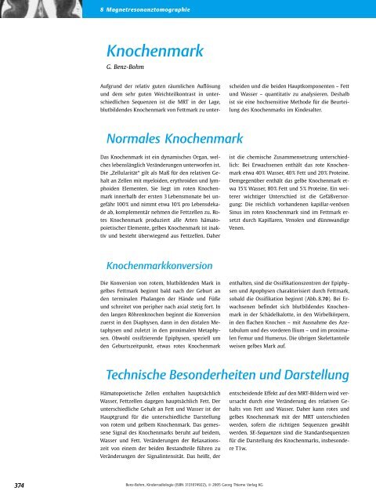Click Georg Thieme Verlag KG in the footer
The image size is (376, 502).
pos(289,486)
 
